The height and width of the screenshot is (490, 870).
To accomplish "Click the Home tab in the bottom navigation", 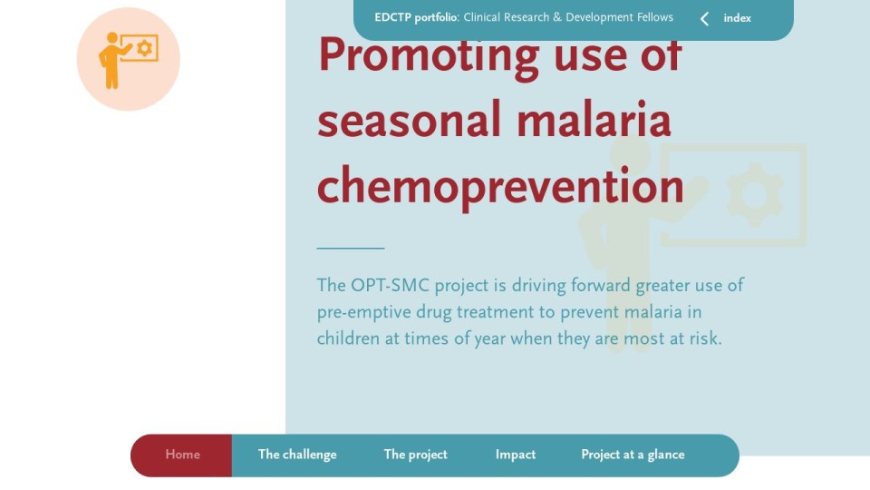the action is (182, 455).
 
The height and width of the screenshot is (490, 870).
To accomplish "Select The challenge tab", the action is (297, 455).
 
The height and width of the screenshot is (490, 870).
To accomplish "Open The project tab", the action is (416, 455).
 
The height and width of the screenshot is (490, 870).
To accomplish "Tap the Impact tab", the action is (516, 455).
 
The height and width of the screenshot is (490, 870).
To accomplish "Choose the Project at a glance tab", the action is (633, 455).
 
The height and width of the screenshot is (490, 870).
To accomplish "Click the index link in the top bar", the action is (737, 18).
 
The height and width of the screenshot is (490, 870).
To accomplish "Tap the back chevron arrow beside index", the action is (705, 19).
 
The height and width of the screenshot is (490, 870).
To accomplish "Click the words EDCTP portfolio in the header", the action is (416, 18).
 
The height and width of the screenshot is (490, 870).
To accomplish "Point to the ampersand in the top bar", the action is (557, 17).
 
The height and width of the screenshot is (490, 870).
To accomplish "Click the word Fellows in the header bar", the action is (654, 17).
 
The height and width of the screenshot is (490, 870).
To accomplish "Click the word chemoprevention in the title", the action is (500, 187).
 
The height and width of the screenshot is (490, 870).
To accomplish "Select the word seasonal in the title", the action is (409, 121).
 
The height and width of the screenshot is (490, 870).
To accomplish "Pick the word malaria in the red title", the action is (594, 120).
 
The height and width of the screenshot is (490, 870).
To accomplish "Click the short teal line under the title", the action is (351, 248).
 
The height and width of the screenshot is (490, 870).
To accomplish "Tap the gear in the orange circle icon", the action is (144, 48).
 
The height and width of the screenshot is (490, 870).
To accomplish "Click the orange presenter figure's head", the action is (112, 38).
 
